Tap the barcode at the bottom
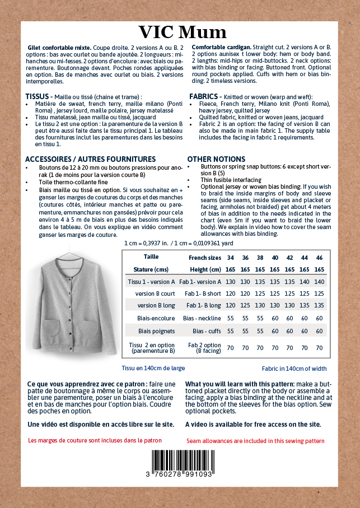pyautogui.click(x=181, y=462)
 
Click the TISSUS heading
pyautogui.click(x=38, y=96)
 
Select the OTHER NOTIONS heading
pyautogui.click(x=216, y=160)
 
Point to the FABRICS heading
pyautogui.click(x=205, y=96)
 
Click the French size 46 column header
pyautogui.click(x=319, y=257)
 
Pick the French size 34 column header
pyautogui.click(x=230, y=257)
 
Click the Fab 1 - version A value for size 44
pyautogui.click(x=305, y=282)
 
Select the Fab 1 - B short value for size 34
pyautogui.click(x=230, y=293)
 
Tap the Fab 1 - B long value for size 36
pyautogui.click(x=245, y=306)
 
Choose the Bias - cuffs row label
pyautogui.click(x=207, y=331)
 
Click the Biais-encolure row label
pyautogui.click(x=156, y=318)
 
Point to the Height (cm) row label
pyautogui.click(x=205, y=269)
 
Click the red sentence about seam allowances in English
pyautogui.click(x=255, y=441)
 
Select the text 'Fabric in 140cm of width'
pyautogui.click(x=302, y=369)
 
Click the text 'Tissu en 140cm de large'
pyautogui.click(x=153, y=369)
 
